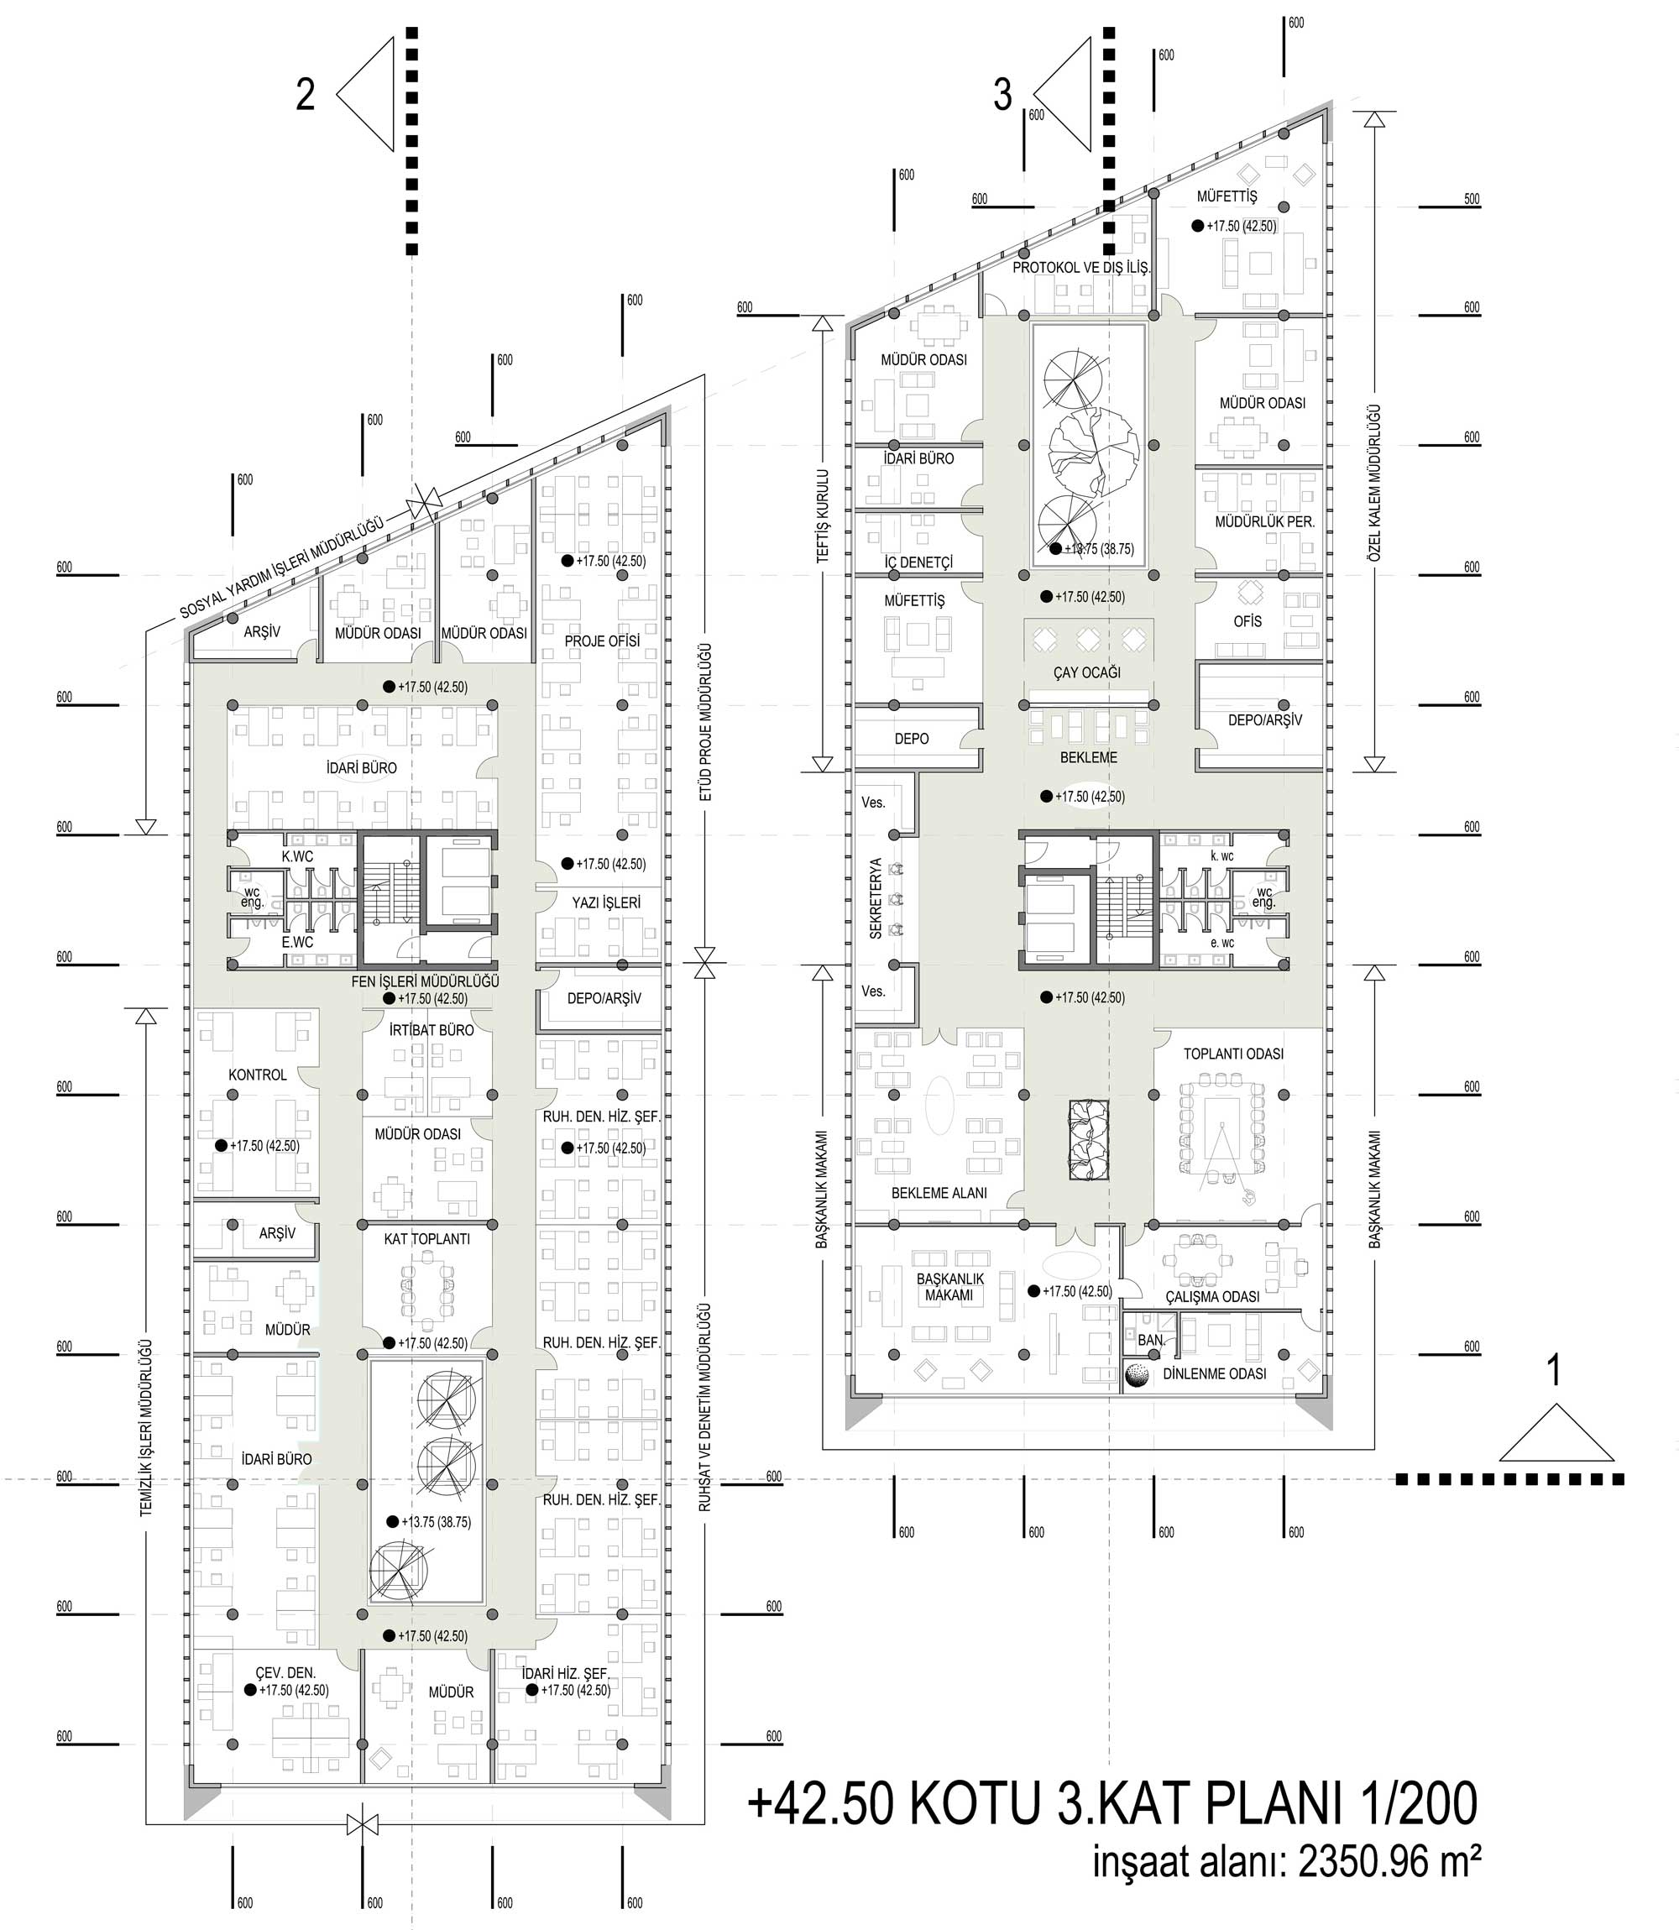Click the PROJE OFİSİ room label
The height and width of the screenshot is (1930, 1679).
coord(603,641)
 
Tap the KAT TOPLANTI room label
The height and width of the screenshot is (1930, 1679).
coord(426,1238)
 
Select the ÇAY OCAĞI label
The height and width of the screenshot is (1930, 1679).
coord(1087,672)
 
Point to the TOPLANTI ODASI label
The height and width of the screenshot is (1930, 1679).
coord(1233,1054)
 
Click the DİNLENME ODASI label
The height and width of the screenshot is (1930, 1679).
coord(1214,1373)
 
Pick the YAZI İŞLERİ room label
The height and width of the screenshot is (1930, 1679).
coord(606,903)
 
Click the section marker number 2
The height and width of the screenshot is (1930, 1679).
coord(306,95)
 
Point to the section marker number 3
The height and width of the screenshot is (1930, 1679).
coord(1002,95)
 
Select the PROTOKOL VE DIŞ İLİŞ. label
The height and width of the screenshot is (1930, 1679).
coord(1081,267)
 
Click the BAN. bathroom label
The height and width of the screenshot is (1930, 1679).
coord(1152,1341)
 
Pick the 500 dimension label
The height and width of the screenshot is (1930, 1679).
coord(1472,199)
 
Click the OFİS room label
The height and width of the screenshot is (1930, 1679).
coord(1248,621)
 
